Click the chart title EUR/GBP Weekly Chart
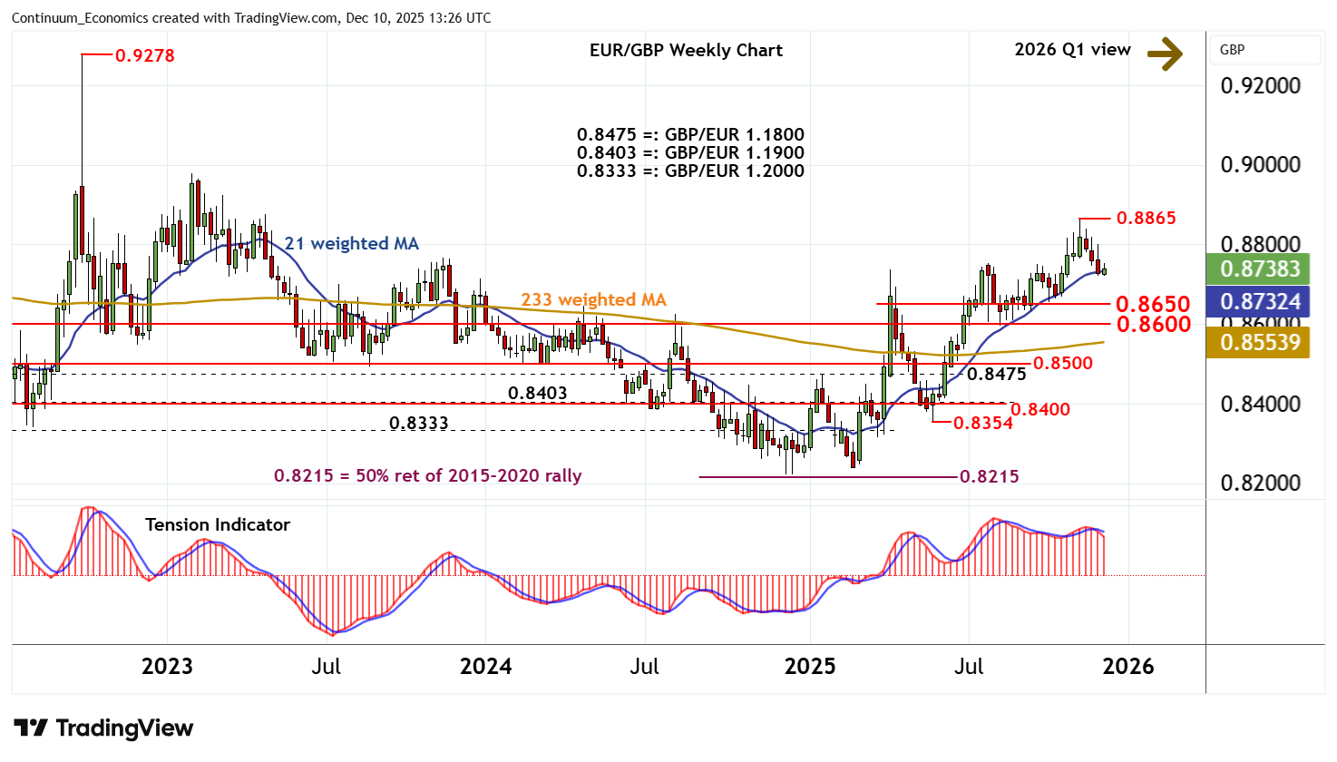pyautogui.click(x=686, y=51)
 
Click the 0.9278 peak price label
pyautogui.click(x=145, y=56)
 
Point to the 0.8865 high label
pyautogui.click(x=1146, y=218)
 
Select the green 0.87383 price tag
pyautogui.click(x=1260, y=269)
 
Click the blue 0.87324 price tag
pyautogui.click(x=1260, y=301)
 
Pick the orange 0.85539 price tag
pyautogui.click(x=1260, y=342)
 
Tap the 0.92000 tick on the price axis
pyautogui.click(x=1260, y=86)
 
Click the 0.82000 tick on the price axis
pyautogui.click(x=1260, y=484)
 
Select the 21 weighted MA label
pyautogui.click(x=351, y=243)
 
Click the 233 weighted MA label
pyautogui.click(x=593, y=299)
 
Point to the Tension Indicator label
pyautogui.click(x=218, y=524)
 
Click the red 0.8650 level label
pyautogui.click(x=1153, y=304)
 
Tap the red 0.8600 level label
pyautogui.click(x=1153, y=325)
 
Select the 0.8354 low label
pyautogui.click(x=982, y=423)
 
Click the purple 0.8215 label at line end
pyautogui.click(x=989, y=476)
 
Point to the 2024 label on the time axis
pyautogui.click(x=485, y=667)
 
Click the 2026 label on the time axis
pyautogui.click(x=1127, y=667)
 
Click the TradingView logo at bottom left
pyautogui.click(x=103, y=728)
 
